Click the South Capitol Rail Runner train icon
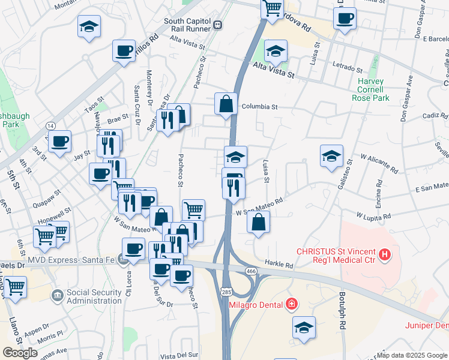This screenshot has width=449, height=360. point(217,26)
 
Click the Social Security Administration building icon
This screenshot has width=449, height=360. point(57,295)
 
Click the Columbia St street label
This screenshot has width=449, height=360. point(259,107)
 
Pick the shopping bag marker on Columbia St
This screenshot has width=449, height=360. point(226,104)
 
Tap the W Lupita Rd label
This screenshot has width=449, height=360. point(373,215)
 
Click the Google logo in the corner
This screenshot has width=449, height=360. point(20,353)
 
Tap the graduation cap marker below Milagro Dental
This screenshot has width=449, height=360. point(304,328)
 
